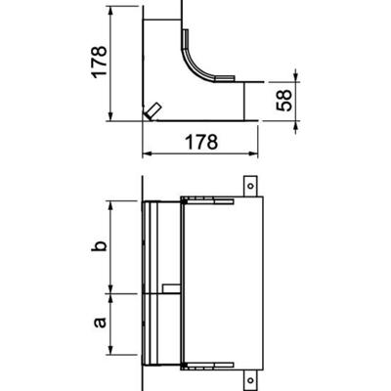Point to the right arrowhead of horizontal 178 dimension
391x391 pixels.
point(259,154)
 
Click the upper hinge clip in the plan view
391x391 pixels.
point(205,203)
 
